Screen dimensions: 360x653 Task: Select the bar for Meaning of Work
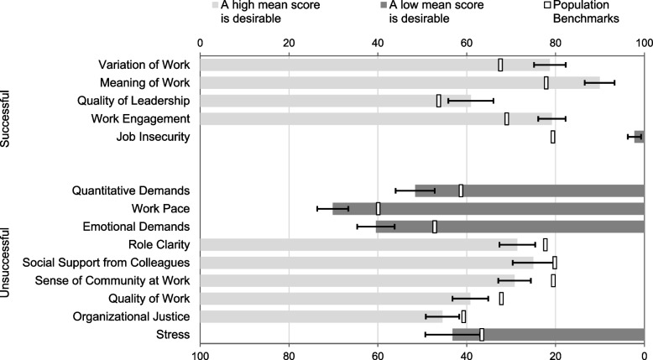pyautogui.click(x=394, y=82)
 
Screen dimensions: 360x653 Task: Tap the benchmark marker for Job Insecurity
pyautogui.click(x=552, y=137)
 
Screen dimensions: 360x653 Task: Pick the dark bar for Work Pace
pyautogui.click(x=487, y=208)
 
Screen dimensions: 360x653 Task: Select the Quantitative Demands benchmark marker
pyautogui.click(x=461, y=190)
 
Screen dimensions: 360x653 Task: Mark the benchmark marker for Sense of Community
pyautogui.click(x=553, y=280)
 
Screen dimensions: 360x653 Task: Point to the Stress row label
pyautogui.click(x=174, y=335)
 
